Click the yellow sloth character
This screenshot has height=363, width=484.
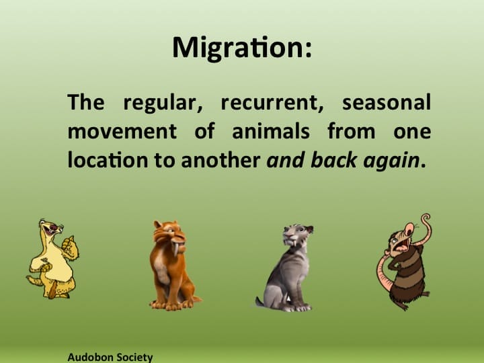pos(52,259)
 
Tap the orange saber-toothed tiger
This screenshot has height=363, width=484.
pos(171,266)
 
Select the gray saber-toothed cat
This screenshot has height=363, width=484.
pos(286,269)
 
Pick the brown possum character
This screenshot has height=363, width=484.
pos(403,266)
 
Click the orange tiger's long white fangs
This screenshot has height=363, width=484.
pos(177,248)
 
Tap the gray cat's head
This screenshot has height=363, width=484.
pos(295,236)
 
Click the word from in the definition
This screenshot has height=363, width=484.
pos(350,132)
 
